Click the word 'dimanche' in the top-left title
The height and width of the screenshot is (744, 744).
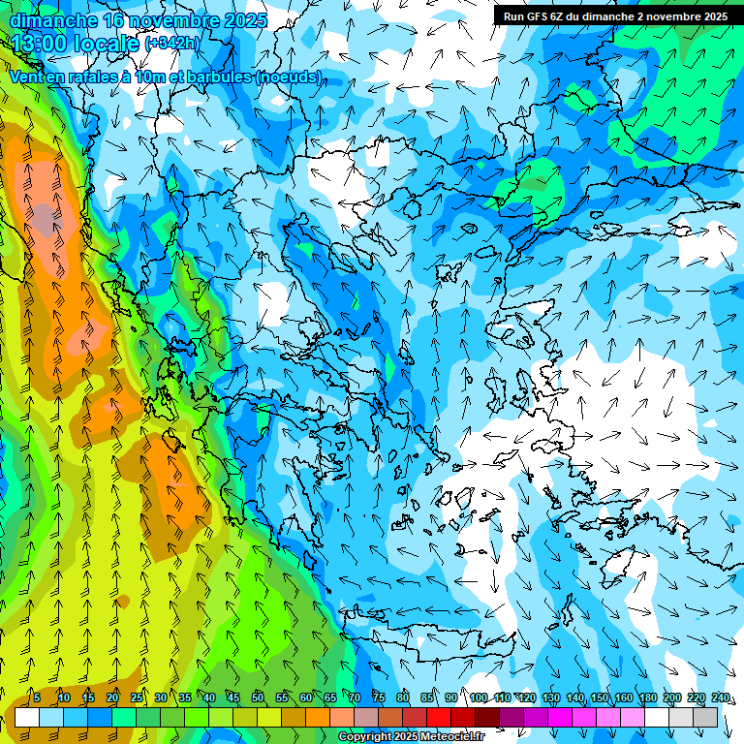(x=52, y=19)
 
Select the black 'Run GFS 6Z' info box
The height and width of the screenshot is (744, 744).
(x=616, y=15)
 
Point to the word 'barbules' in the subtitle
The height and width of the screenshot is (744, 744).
(x=220, y=77)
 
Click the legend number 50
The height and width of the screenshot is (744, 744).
(x=258, y=698)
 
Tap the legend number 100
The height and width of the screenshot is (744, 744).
(x=479, y=698)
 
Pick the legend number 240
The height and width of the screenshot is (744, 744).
(x=720, y=698)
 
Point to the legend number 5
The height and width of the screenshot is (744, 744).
(x=37, y=698)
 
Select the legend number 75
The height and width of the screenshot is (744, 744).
(x=379, y=698)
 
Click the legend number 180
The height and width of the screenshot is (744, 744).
(x=647, y=698)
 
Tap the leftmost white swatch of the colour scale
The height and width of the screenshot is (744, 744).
(x=27, y=717)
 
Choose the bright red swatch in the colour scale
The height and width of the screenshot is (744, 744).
(x=439, y=717)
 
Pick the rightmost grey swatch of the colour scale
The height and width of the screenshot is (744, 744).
(x=705, y=717)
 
